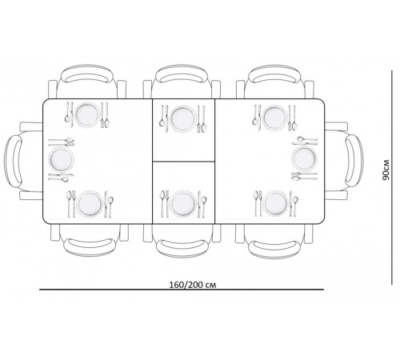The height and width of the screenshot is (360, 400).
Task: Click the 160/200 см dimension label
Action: click(193, 285)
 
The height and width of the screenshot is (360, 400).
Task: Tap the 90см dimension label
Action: click(386, 170)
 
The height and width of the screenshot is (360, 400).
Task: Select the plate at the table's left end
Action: click(61, 159)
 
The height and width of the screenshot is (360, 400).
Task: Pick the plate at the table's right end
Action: click(304, 158)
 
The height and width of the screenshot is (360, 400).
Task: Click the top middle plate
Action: click(182, 118)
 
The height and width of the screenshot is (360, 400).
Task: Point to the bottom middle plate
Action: click(182, 204)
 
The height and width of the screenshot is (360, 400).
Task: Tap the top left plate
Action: click(86, 115)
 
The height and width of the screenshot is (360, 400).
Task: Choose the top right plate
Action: click(274, 118)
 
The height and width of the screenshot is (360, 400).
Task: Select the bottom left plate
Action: click(90, 204)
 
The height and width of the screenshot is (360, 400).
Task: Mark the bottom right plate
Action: click(276, 204)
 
